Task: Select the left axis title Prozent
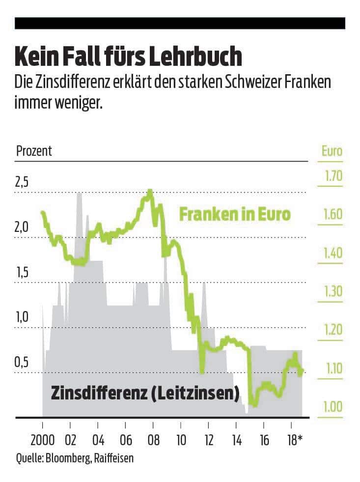tap(34, 151)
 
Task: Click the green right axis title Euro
tap(332, 151)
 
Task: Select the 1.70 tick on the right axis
tap(332, 176)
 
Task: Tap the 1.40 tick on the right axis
tap(332, 253)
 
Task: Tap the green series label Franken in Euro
tap(235, 215)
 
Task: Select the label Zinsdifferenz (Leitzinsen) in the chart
tap(145, 393)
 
